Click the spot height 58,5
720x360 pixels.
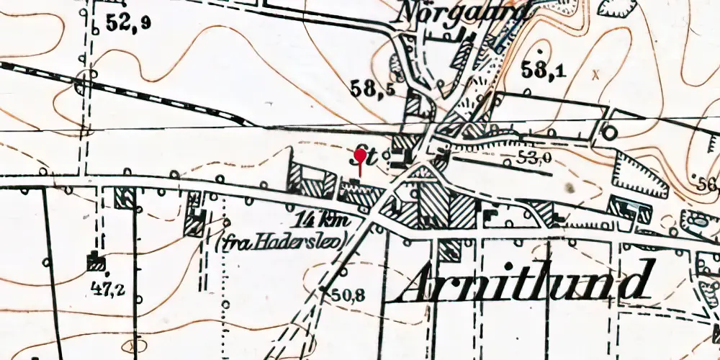372,89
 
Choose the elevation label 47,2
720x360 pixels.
107,289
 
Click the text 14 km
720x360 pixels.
323,220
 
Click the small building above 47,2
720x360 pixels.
94,261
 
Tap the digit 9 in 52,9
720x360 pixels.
146,24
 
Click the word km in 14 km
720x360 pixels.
338,220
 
